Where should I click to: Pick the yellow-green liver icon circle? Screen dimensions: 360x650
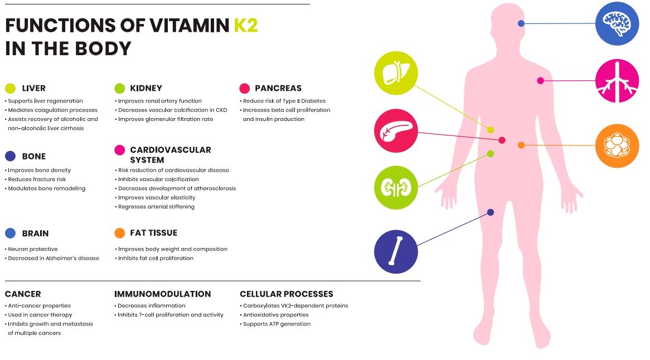395,73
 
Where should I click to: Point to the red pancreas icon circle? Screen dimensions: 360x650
395,131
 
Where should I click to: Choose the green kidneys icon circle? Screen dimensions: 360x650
395,188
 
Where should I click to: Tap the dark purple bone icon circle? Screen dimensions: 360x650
395,251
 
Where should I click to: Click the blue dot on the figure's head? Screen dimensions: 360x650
521,23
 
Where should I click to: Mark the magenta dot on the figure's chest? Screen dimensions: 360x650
540,81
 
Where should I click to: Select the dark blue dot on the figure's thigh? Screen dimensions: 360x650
491,212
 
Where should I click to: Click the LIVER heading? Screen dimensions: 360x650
34,88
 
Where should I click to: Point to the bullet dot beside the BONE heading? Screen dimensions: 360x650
10,157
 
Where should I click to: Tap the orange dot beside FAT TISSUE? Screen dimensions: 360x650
119,233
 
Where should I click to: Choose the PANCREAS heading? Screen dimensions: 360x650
278,88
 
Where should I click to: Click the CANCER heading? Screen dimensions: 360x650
23,294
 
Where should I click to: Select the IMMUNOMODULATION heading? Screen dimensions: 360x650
162,294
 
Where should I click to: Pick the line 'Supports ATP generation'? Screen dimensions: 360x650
277,324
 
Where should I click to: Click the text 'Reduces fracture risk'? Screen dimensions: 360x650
37,179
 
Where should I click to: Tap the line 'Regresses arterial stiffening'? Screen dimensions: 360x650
156,207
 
